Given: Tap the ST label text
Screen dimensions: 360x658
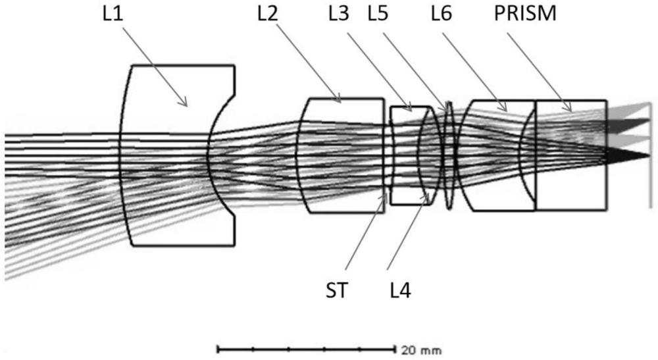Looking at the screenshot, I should point(340,290).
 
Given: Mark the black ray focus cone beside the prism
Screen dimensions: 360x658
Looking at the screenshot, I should point(628,155).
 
